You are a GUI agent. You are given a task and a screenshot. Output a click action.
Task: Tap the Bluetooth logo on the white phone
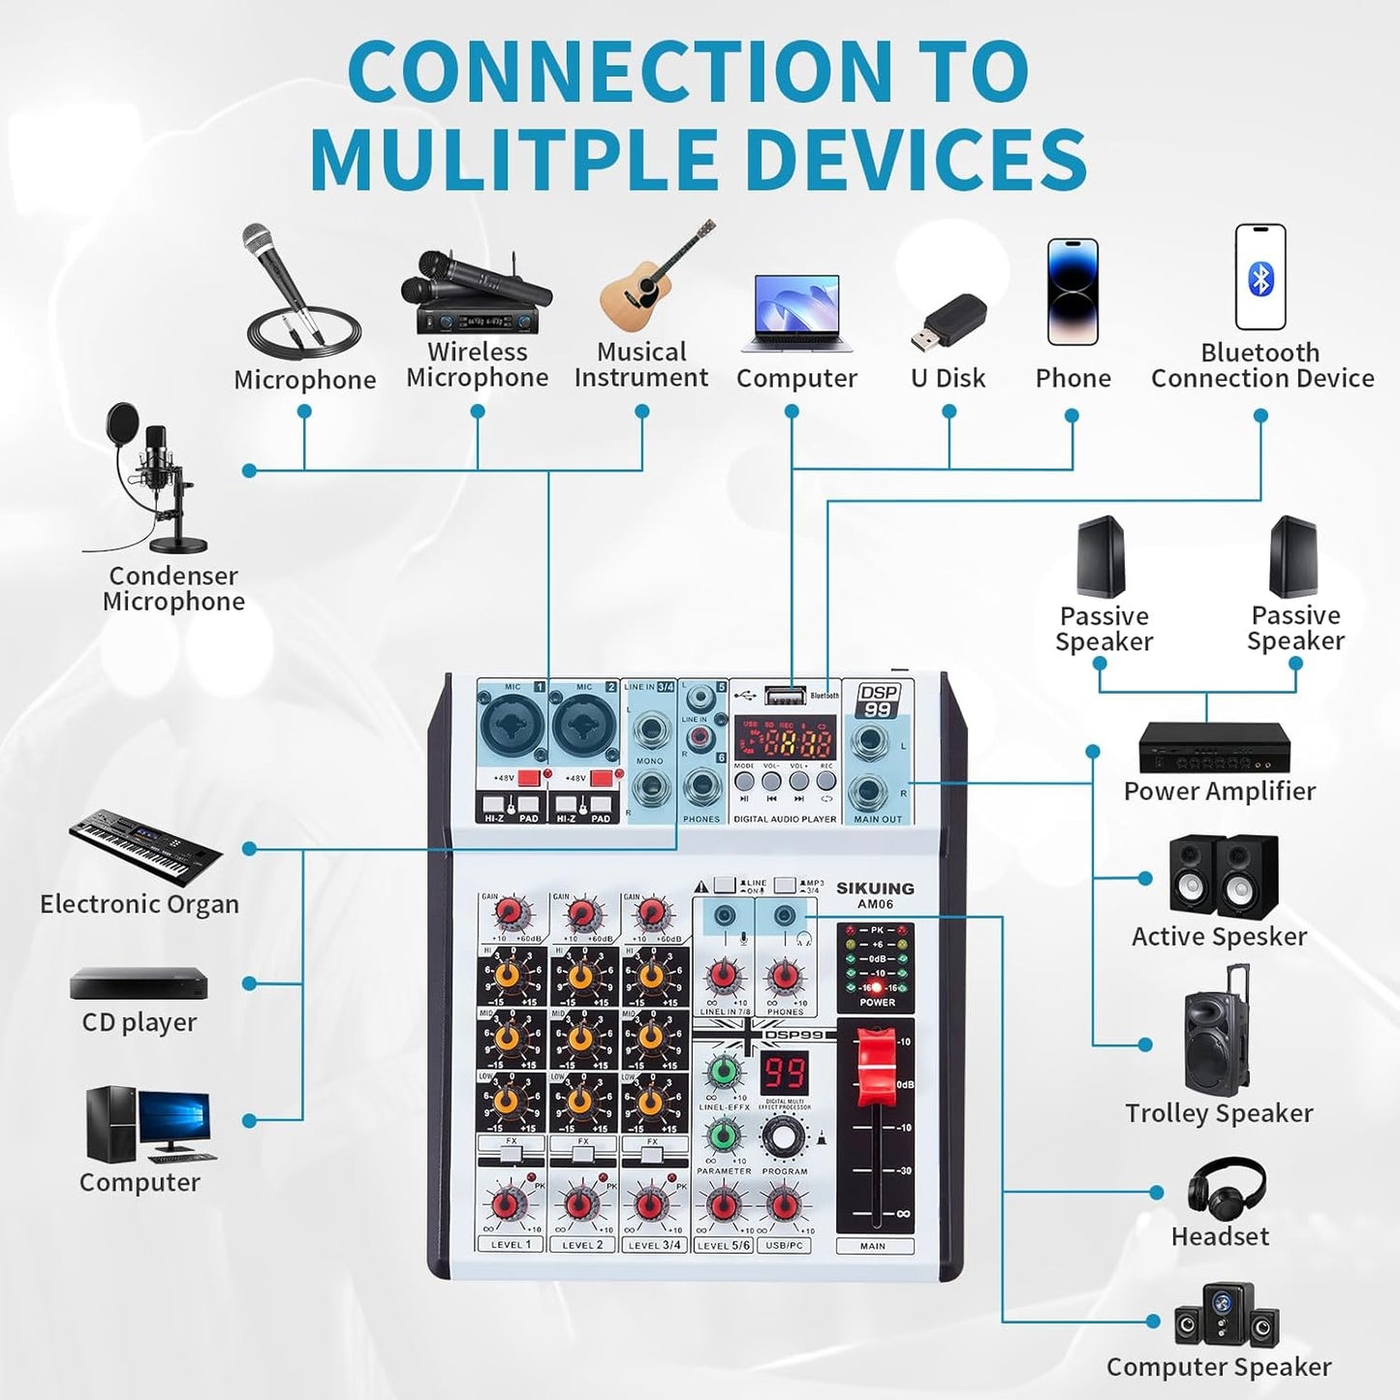[x=1260, y=279]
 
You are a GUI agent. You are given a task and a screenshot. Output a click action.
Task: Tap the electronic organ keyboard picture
[x=145, y=845]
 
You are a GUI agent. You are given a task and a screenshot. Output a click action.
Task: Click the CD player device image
[x=139, y=983]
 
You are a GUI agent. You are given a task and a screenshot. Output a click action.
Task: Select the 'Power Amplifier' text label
[x=1219, y=791]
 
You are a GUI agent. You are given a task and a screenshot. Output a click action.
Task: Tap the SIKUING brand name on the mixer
[x=875, y=887]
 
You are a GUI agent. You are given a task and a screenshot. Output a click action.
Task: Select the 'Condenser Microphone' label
[x=173, y=588]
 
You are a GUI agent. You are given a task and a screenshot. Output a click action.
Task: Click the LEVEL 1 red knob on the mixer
[x=506, y=1205]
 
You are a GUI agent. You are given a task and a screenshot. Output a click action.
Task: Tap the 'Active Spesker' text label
[x=1219, y=936]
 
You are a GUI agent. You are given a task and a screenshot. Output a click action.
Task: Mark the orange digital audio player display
[x=784, y=742]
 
